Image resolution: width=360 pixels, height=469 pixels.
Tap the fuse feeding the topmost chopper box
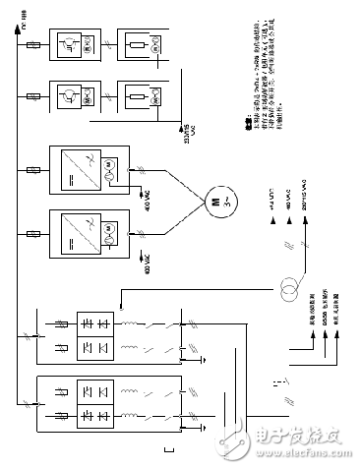(x=35, y=45)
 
